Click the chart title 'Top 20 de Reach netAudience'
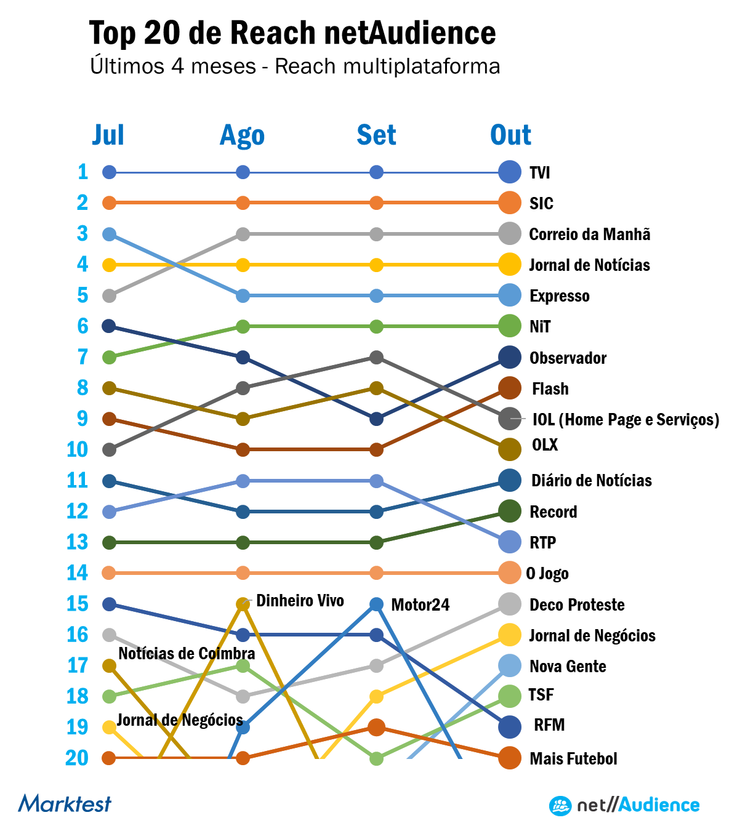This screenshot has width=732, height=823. (292, 33)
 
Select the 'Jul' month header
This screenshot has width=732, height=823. (108, 135)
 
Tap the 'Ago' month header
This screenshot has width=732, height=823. (242, 135)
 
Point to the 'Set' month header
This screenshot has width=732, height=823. (376, 135)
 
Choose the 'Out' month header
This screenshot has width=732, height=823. (510, 135)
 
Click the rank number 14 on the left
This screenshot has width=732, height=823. (78, 573)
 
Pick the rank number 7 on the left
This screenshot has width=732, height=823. (82, 357)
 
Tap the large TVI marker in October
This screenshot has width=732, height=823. (510, 172)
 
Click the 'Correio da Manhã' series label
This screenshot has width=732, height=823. (589, 235)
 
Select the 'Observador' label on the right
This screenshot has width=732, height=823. (568, 358)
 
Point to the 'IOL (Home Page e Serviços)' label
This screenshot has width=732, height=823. (625, 420)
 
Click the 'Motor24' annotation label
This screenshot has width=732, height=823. (420, 605)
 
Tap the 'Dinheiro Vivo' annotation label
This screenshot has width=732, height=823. (300, 601)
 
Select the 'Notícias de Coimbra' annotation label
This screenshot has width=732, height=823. (187, 654)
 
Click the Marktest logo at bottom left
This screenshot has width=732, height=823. (65, 803)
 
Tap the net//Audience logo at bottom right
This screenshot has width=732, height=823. (624, 805)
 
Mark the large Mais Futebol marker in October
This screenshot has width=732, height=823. (510, 758)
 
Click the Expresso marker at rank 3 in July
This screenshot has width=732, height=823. (109, 234)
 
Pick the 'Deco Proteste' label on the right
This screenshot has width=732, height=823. (577, 605)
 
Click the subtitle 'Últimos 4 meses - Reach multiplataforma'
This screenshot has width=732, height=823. (295, 66)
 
